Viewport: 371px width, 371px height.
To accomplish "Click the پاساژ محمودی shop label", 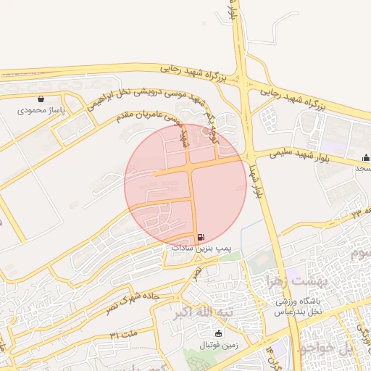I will point(41,110).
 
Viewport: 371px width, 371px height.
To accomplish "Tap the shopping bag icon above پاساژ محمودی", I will point(41,99).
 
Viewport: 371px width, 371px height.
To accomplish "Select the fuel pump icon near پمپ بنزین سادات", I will point(201,237).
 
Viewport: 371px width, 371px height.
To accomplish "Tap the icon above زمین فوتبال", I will point(219,333).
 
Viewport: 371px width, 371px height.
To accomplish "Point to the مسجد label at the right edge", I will point(362,168).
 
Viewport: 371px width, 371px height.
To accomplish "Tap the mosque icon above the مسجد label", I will point(366,157).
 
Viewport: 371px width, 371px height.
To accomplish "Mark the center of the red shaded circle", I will point(185,185).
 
